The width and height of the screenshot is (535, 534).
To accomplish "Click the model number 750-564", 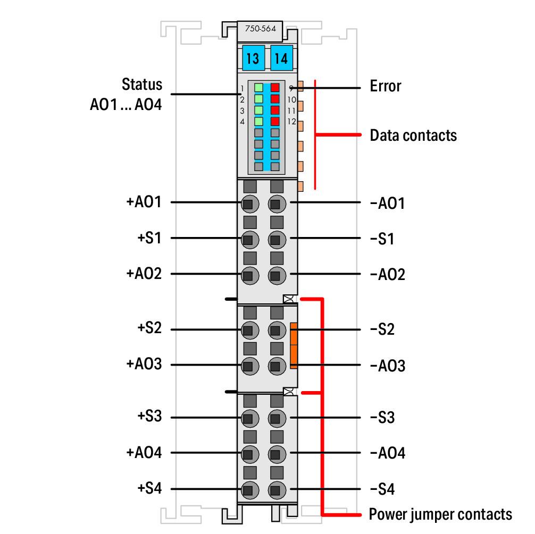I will tap(260, 29).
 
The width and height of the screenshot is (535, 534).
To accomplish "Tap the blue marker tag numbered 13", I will tap(253, 58).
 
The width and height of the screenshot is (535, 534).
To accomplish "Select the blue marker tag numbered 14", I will tap(281, 58).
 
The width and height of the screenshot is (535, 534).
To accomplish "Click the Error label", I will tap(386, 86).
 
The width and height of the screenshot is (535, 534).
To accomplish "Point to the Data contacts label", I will tap(413, 135).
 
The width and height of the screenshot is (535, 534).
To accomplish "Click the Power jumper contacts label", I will tap(440, 514).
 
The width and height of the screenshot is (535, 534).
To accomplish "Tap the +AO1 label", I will tap(144, 202).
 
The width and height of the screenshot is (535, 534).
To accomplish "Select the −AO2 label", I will tap(387, 275).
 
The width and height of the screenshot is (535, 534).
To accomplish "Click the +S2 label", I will tap(149, 328).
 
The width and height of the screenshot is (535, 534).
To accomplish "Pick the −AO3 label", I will tap(387, 366).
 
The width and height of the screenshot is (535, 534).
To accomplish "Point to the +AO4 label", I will tap(144, 453).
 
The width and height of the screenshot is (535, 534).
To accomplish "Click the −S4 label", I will tap(382, 489).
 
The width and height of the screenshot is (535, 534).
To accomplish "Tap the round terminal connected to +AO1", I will tap(248, 204).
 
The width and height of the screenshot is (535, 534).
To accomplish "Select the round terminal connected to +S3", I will tap(248, 418).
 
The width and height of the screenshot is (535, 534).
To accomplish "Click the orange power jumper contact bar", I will tap(294, 345).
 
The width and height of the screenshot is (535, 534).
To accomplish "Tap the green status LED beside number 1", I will tap(258, 88).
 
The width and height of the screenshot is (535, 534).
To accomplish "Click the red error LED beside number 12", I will tap(275, 121).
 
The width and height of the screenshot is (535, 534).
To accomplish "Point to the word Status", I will tap(142, 85).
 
